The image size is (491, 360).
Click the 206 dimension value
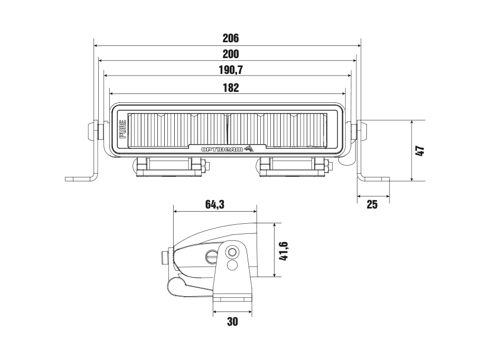coord(231,38)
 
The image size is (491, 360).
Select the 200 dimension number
coord(231,54)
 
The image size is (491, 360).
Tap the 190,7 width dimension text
coord(231,70)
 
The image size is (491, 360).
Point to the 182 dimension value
coord(231,88)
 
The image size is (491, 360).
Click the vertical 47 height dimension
coord(420,150)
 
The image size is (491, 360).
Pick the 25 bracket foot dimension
coord(372,204)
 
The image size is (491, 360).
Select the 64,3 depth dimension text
coord(215,204)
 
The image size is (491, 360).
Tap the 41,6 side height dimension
coord(284,251)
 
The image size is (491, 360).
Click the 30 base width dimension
coord(232,321)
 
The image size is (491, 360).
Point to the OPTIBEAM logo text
coord(222,149)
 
